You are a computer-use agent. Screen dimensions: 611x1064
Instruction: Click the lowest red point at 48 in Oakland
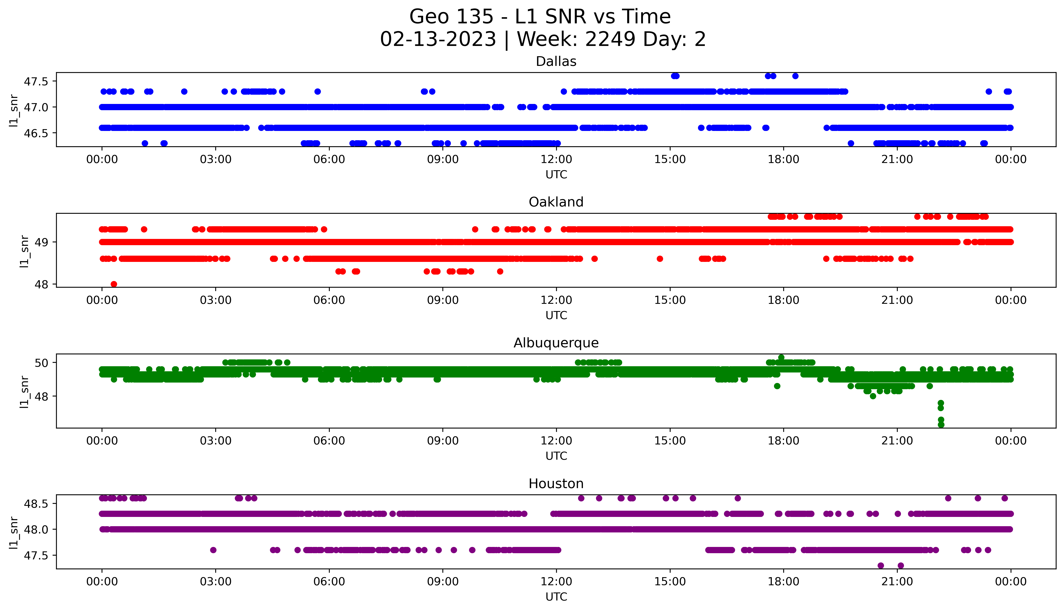[x=114, y=284]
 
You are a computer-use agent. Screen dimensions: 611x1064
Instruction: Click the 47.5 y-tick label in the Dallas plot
[x=36, y=81]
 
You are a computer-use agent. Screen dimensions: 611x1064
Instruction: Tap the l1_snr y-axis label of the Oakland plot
[x=24, y=251]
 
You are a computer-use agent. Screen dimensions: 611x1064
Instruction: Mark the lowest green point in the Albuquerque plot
[x=941, y=425]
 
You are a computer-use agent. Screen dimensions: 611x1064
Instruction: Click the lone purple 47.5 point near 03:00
[x=213, y=550]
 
